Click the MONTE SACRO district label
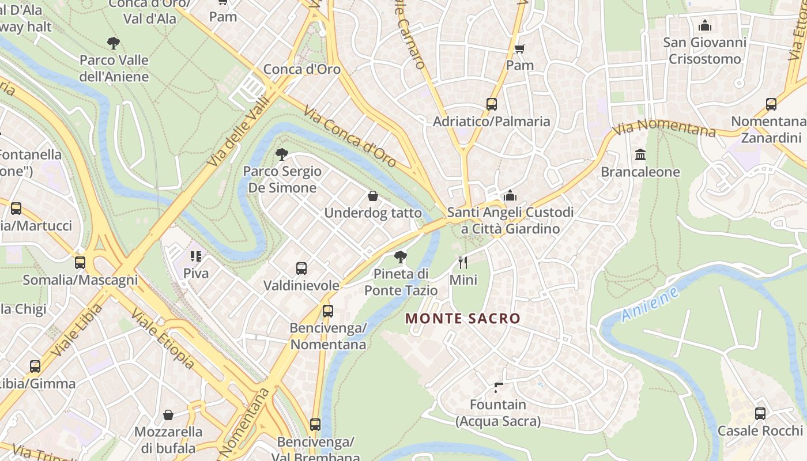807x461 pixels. pos(463,318)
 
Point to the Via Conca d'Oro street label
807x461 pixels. pos(350,137)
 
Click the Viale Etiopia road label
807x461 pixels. pos(163,338)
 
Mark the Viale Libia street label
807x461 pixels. pos(76,330)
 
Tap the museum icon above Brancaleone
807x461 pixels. pos(640,154)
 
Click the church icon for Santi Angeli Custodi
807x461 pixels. pos(510,195)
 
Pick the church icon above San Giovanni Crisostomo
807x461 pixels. pos(704,25)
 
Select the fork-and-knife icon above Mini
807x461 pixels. pos(463,263)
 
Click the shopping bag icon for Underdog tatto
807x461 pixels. pos(373,196)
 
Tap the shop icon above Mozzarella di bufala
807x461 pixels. pos(168,415)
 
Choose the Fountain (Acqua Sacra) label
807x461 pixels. pos(498,413)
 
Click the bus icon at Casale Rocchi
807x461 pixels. pos(760,413)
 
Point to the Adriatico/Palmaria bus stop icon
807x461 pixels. pos(492,104)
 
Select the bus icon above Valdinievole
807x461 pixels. pos(301,268)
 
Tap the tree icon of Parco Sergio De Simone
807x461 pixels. pos(282,154)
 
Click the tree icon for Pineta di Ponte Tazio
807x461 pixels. pos(401,256)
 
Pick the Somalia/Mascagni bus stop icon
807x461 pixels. pos(80,263)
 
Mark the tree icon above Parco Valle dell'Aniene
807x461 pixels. pos(114,43)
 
